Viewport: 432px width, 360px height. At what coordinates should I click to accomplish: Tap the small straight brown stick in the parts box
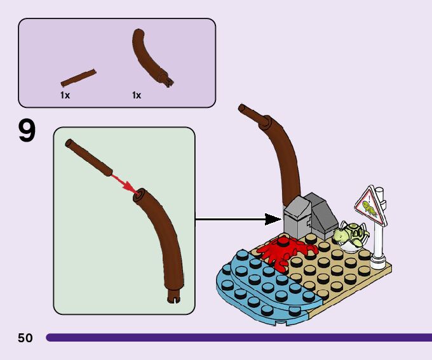pyautogui.click(x=79, y=77)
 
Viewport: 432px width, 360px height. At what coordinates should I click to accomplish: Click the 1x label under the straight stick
pyautogui.click(x=65, y=95)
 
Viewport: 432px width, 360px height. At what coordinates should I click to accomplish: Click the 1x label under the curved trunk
pyautogui.click(x=137, y=95)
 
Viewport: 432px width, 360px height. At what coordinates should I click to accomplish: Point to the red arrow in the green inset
pyautogui.click(x=124, y=183)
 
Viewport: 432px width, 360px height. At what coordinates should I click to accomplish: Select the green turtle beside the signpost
pyautogui.click(x=351, y=236)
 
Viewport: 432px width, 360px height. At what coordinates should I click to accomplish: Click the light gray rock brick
pyautogui.click(x=296, y=216)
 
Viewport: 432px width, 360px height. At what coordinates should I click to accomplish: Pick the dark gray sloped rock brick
pyautogui.click(x=323, y=215)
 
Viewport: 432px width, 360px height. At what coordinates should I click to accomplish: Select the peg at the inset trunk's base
pyautogui.click(x=176, y=296)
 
